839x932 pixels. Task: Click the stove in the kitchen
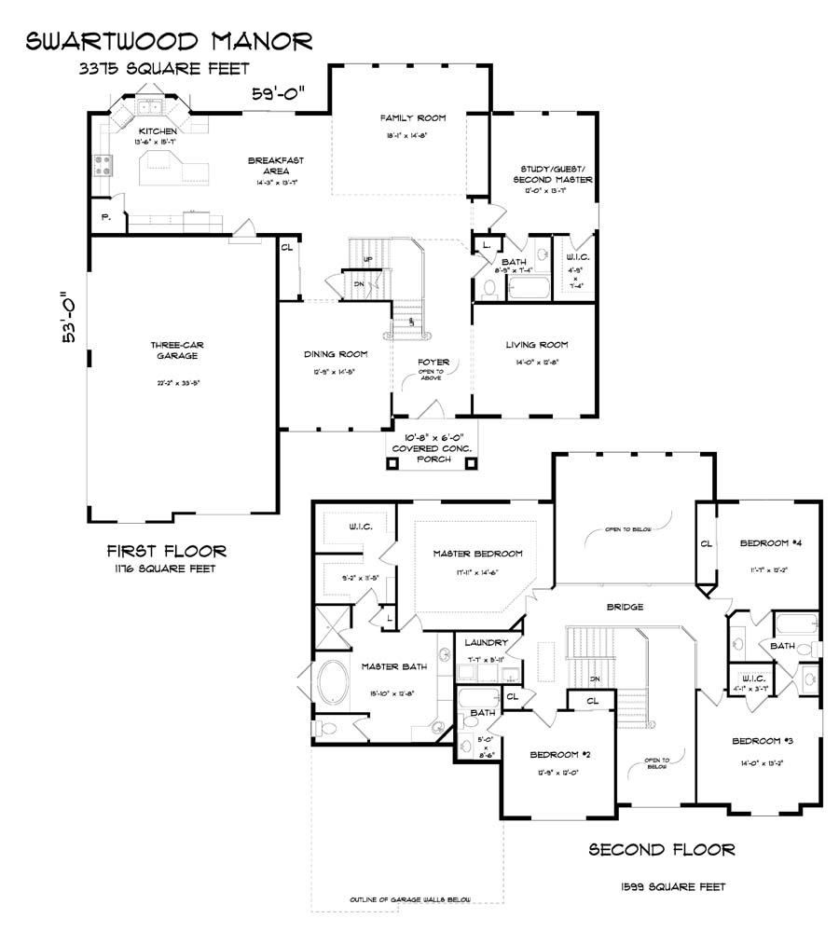point(103,168)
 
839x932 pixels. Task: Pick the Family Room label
point(412,118)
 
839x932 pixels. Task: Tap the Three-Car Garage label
point(177,350)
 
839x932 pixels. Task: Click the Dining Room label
point(335,354)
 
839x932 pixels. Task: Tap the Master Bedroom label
point(477,554)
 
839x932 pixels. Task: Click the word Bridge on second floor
point(624,607)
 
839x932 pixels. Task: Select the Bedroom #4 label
point(771,543)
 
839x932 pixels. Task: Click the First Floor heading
point(166,551)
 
